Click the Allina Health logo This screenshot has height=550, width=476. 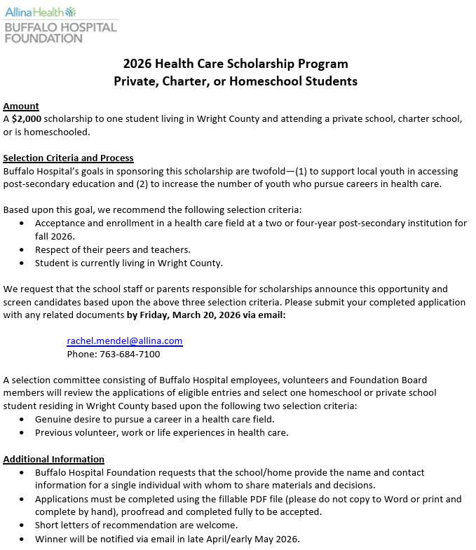40,12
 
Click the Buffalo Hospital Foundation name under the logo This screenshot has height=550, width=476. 60,32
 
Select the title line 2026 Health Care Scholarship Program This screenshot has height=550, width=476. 236,63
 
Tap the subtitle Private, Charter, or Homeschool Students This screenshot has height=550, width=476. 236,81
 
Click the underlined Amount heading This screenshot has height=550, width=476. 21,106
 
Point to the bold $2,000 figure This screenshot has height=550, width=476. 26,119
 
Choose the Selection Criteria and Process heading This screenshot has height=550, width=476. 68,158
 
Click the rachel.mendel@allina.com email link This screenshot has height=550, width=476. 125,341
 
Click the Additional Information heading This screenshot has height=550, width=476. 54,460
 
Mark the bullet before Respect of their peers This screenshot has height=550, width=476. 21,250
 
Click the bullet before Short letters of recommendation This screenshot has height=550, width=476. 21,525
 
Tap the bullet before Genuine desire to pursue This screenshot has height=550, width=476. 21,420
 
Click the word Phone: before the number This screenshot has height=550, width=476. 81,354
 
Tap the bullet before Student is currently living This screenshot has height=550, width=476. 21,263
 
